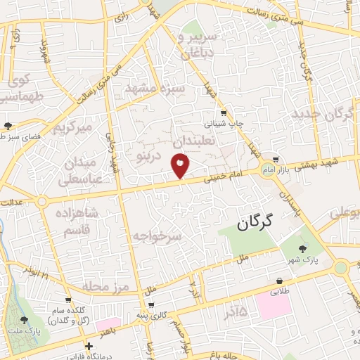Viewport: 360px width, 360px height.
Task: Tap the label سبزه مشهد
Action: [x=155, y=89]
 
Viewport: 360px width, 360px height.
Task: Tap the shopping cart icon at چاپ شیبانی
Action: [x=224, y=112]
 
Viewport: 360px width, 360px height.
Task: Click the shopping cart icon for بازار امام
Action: [x=276, y=160]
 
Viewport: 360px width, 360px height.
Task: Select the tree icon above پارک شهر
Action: [x=303, y=249]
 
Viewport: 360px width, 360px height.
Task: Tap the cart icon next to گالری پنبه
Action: [x=150, y=306]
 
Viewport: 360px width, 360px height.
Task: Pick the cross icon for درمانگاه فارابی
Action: [x=88, y=346]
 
